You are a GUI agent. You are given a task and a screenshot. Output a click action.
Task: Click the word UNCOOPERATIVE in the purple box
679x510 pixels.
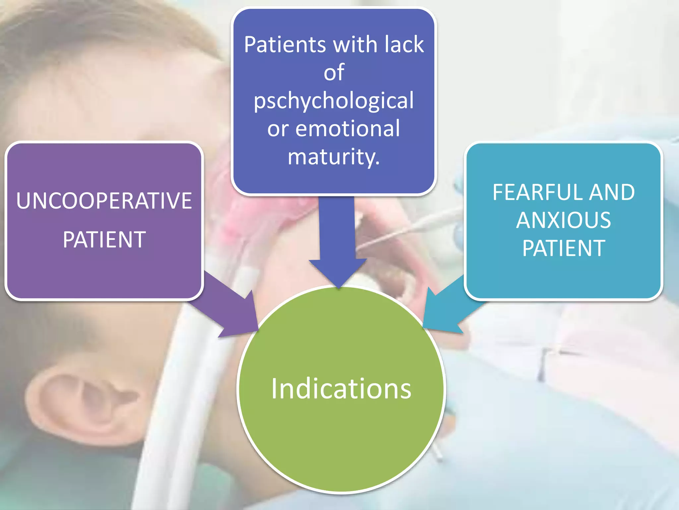[x=104, y=201]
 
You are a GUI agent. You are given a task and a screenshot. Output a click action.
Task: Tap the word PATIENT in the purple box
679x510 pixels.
[x=104, y=240]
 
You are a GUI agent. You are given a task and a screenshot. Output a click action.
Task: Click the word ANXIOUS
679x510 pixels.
[x=563, y=220]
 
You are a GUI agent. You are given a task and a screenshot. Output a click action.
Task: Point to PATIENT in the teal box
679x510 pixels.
[x=564, y=248]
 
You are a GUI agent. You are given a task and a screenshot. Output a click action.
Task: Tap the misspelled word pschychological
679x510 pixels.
[x=334, y=100]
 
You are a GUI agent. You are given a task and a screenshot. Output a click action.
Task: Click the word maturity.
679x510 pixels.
[x=333, y=156]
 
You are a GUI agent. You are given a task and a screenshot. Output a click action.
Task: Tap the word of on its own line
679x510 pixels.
[x=334, y=72]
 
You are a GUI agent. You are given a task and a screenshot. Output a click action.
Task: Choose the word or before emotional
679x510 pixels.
[x=278, y=129]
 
